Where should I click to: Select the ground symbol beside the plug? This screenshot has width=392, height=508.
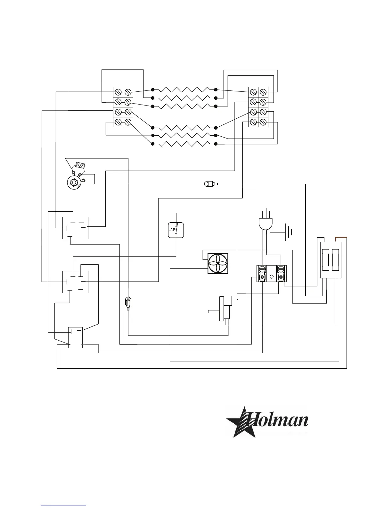click(289, 233)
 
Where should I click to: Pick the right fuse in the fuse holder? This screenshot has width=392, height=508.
click(335, 260)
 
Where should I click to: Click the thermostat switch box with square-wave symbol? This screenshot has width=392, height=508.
click(176, 230)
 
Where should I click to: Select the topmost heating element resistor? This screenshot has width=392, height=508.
click(184, 89)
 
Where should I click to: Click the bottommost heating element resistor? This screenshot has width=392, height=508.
click(184, 144)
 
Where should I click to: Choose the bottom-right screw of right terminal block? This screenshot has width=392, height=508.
click(263, 122)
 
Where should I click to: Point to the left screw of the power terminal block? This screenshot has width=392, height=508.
click(262, 269)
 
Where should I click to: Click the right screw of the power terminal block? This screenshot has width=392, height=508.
click(281, 269)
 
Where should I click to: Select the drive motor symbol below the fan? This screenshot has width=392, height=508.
click(224, 309)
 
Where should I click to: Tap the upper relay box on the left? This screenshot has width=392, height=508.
click(75, 228)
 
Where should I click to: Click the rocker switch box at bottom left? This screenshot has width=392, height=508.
click(76, 338)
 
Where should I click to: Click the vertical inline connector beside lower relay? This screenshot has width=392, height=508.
click(128, 303)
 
